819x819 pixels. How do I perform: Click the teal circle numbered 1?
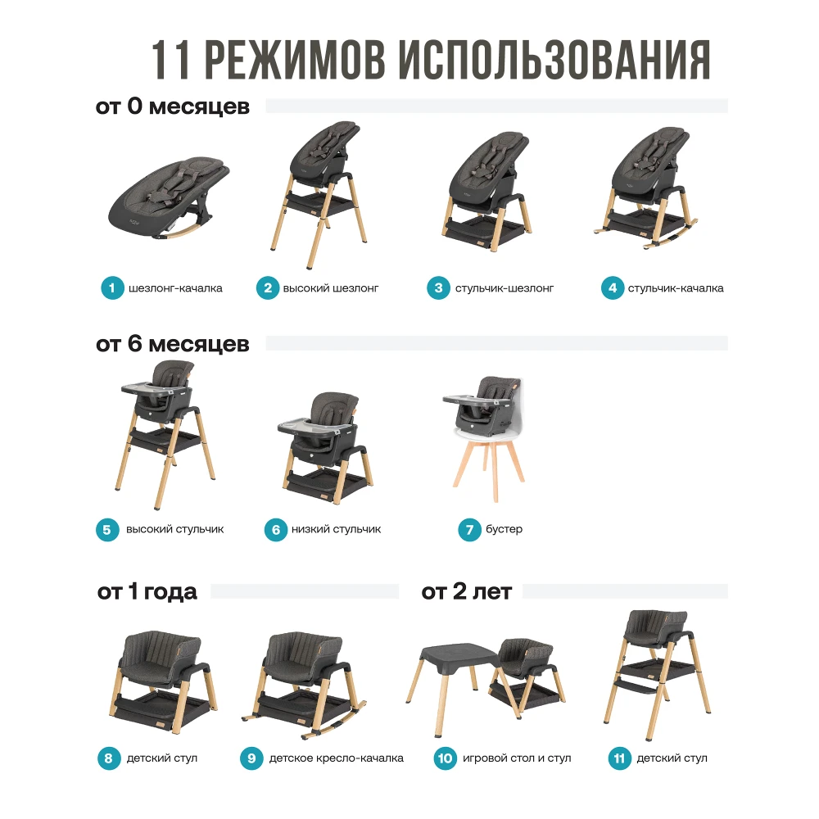[112, 287]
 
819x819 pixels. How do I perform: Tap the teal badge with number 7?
[469, 530]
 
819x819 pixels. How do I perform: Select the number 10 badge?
[445, 758]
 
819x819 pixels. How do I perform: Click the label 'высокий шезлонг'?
[331, 288]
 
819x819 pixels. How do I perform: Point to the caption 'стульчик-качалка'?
[676, 288]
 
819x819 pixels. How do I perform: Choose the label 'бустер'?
[504, 529]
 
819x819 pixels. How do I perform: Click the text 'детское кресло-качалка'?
[337, 758]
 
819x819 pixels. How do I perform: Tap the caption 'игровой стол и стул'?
[517, 758]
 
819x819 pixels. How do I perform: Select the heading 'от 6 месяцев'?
[173, 344]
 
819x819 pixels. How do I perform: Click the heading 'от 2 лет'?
[467, 591]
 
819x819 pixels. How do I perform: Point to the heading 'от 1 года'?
[147, 591]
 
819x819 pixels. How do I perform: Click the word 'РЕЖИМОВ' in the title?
[296, 60]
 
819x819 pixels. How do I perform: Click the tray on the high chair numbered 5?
[155, 387]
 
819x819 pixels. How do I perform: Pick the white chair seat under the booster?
[489, 433]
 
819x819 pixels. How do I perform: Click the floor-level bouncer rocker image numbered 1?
[169, 198]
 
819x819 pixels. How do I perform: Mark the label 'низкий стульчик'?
[337, 529]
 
